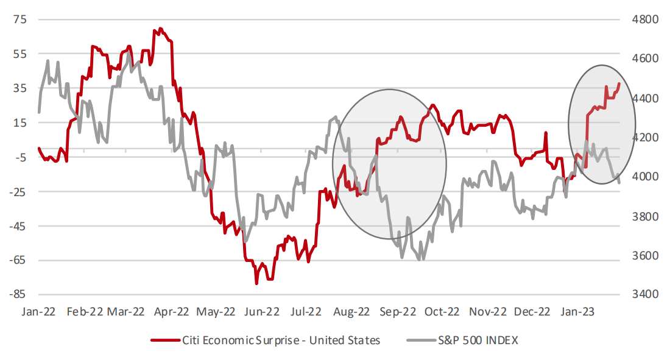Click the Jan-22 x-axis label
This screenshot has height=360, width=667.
[38, 311]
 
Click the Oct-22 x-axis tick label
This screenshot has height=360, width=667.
[441, 311]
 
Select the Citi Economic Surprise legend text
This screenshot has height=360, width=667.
[281, 341]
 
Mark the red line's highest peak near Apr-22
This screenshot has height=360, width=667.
[160, 28]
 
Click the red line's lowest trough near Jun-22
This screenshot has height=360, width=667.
[256, 283]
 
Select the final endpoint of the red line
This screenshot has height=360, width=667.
[619, 83]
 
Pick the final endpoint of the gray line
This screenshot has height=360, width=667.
[619, 183]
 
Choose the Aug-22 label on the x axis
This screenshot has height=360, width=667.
[351, 311]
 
